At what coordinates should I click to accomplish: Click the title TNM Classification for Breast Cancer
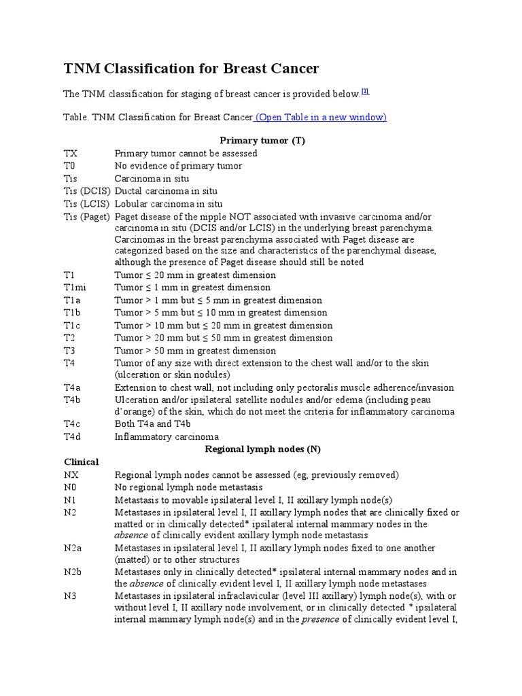191,69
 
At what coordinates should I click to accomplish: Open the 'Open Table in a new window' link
321,117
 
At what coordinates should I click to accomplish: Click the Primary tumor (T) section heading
262,140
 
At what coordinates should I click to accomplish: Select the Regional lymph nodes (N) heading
262,449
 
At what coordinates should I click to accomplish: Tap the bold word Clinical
81,462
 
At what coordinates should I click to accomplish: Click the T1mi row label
75,288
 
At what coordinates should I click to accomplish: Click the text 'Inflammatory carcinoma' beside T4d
166,437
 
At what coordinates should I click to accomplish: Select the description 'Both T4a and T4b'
154,424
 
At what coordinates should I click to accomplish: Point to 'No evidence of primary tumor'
178,166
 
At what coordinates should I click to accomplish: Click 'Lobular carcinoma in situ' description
169,203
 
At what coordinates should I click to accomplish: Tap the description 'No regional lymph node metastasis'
189,487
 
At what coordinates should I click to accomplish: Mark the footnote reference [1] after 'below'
365,91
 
